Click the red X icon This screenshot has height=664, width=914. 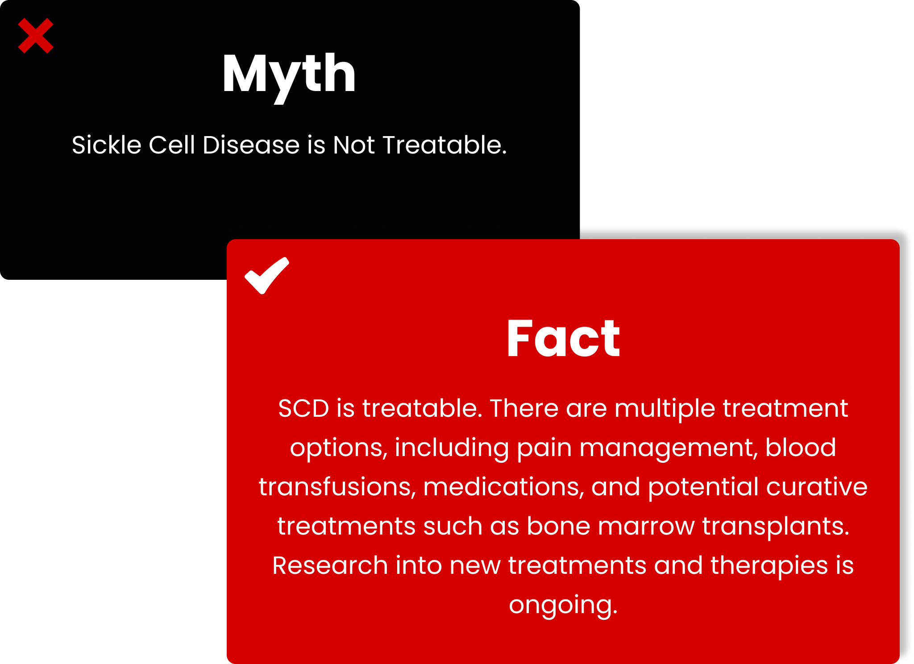point(36,36)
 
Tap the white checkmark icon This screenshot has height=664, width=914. point(267,276)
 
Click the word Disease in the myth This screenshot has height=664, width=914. point(251,145)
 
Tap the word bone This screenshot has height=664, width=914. point(558,526)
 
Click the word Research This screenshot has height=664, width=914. point(330,565)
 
